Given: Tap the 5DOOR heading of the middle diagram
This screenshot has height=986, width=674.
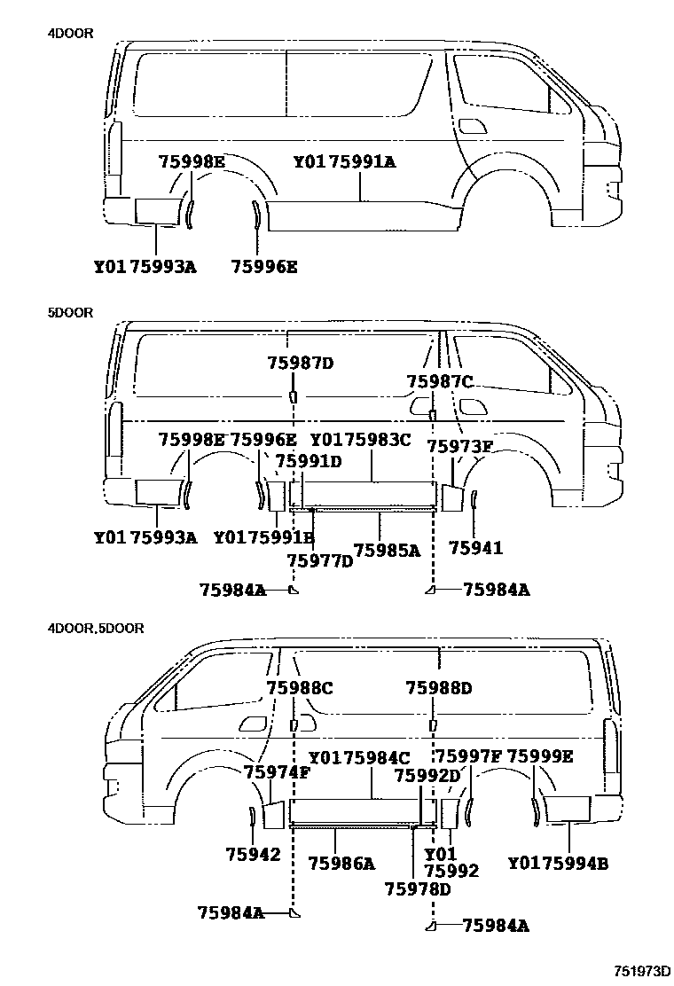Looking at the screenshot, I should click(x=71, y=313).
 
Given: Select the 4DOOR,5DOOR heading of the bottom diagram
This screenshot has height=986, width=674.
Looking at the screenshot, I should click(x=97, y=628).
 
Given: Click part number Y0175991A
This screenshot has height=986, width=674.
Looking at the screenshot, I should click(x=344, y=162).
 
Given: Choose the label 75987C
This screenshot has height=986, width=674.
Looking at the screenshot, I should click(x=440, y=381).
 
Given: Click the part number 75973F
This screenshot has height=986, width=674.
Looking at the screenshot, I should click(x=459, y=445).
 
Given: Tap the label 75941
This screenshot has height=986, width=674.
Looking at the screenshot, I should click(x=476, y=548).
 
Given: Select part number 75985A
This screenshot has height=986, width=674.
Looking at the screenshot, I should click(x=387, y=550).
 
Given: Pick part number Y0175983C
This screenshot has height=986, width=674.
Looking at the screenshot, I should click(x=360, y=440).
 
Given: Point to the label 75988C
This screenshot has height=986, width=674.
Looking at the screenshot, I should click(x=300, y=687).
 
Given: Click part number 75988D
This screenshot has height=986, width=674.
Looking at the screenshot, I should click(x=439, y=687).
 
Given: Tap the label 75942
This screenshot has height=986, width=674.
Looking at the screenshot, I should click(x=253, y=855).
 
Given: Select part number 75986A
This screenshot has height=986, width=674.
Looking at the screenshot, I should click(x=341, y=863).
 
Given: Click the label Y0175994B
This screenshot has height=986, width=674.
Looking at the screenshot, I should click(x=558, y=863).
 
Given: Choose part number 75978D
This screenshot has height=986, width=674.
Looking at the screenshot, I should click(x=418, y=888).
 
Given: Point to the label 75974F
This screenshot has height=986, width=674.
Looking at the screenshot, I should click(x=278, y=771).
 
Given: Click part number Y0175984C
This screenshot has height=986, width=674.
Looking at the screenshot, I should click(x=359, y=758).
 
